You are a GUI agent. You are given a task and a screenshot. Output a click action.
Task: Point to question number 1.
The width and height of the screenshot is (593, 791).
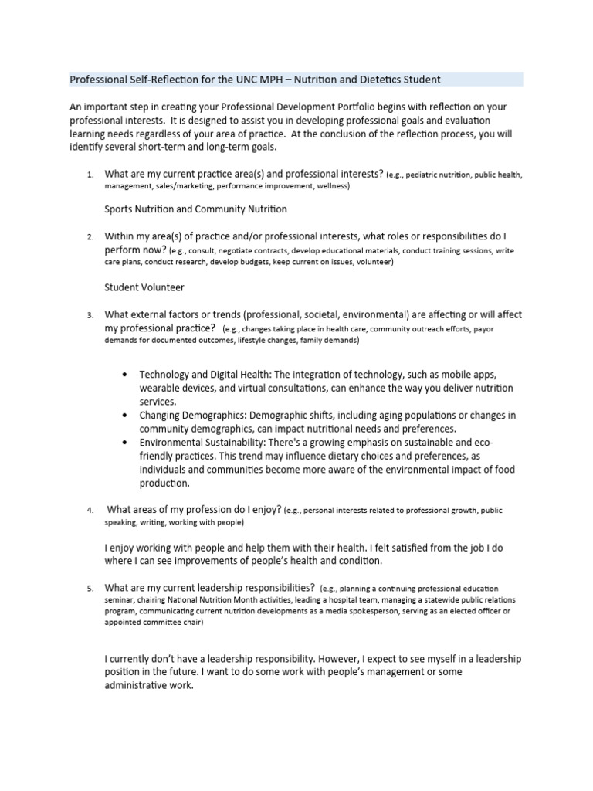[90, 175]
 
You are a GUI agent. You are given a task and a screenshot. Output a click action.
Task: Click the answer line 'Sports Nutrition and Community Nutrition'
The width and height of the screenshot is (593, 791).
[195, 209]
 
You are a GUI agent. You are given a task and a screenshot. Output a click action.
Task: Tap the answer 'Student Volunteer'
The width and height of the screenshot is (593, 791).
[144, 287]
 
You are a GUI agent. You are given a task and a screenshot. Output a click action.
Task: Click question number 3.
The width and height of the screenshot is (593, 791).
[90, 315]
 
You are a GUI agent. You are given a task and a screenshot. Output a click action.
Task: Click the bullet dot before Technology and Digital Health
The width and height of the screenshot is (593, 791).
[125, 374]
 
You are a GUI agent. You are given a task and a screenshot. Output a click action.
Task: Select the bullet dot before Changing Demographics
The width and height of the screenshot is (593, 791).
[125, 416]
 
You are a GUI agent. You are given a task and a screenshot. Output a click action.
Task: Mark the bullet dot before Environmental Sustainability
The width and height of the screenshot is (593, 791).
[125, 443]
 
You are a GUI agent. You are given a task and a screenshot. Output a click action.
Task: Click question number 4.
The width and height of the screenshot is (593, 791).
[90, 511]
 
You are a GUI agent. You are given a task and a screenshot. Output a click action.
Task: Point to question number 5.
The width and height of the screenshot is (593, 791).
[90, 589]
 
